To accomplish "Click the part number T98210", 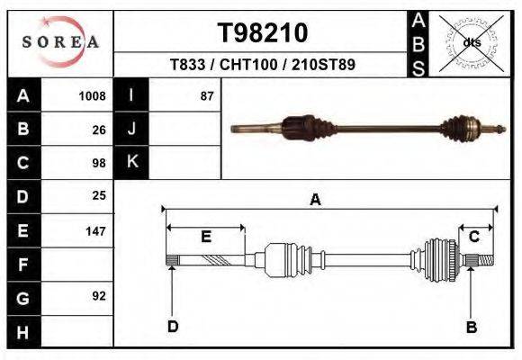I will pos(263,33).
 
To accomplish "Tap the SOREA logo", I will pos(60,41).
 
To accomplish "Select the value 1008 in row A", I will pos(93,95).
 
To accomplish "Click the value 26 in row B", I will pos(99,129).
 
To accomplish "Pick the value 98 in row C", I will pos(99,163).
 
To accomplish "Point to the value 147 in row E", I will pos(95,231).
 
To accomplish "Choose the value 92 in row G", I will pos(99,296).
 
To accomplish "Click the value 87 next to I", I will pos(206,95).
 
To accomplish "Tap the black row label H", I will pos(23,332).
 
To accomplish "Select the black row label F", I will pos(23,265).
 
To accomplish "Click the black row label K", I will pos(132,162).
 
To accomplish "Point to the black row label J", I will pos(132,129).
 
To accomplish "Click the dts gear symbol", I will pos(472,42).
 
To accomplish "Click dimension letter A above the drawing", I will pos(316,200).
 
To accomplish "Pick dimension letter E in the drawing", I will pos(205,237).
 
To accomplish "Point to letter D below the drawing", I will pos(172,327).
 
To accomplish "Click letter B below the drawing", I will pos(471,327).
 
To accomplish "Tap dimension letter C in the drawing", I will pos(473,237).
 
